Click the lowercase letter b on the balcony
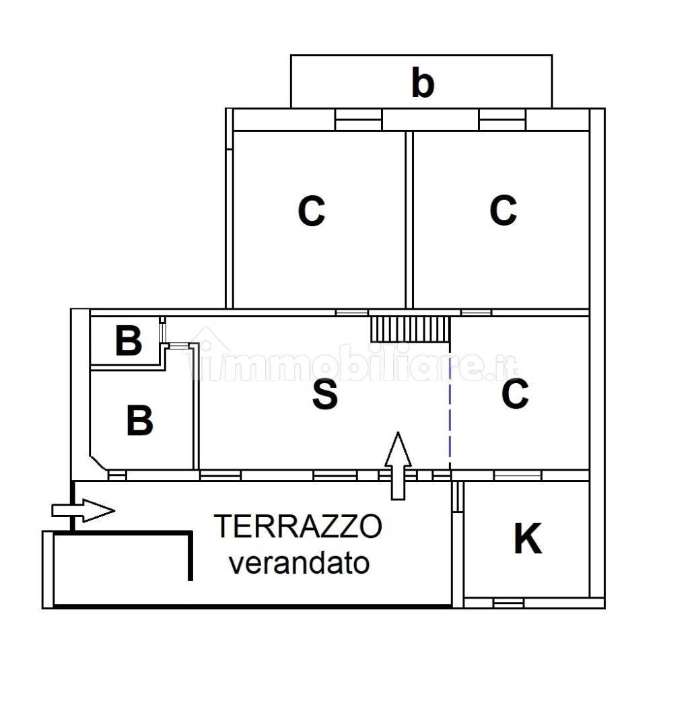point(422,83)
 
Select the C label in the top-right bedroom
point(503,210)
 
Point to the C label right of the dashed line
point(515,394)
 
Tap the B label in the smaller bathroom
point(129,341)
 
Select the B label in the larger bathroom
point(139,421)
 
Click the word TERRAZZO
point(298,526)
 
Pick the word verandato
point(300,563)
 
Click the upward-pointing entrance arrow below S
point(398,465)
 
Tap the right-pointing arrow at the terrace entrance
point(83,510)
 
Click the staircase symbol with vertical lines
point(410,329)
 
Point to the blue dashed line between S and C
point(450,404)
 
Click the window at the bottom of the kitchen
point(508,602)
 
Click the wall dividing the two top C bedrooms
point(409,219)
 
